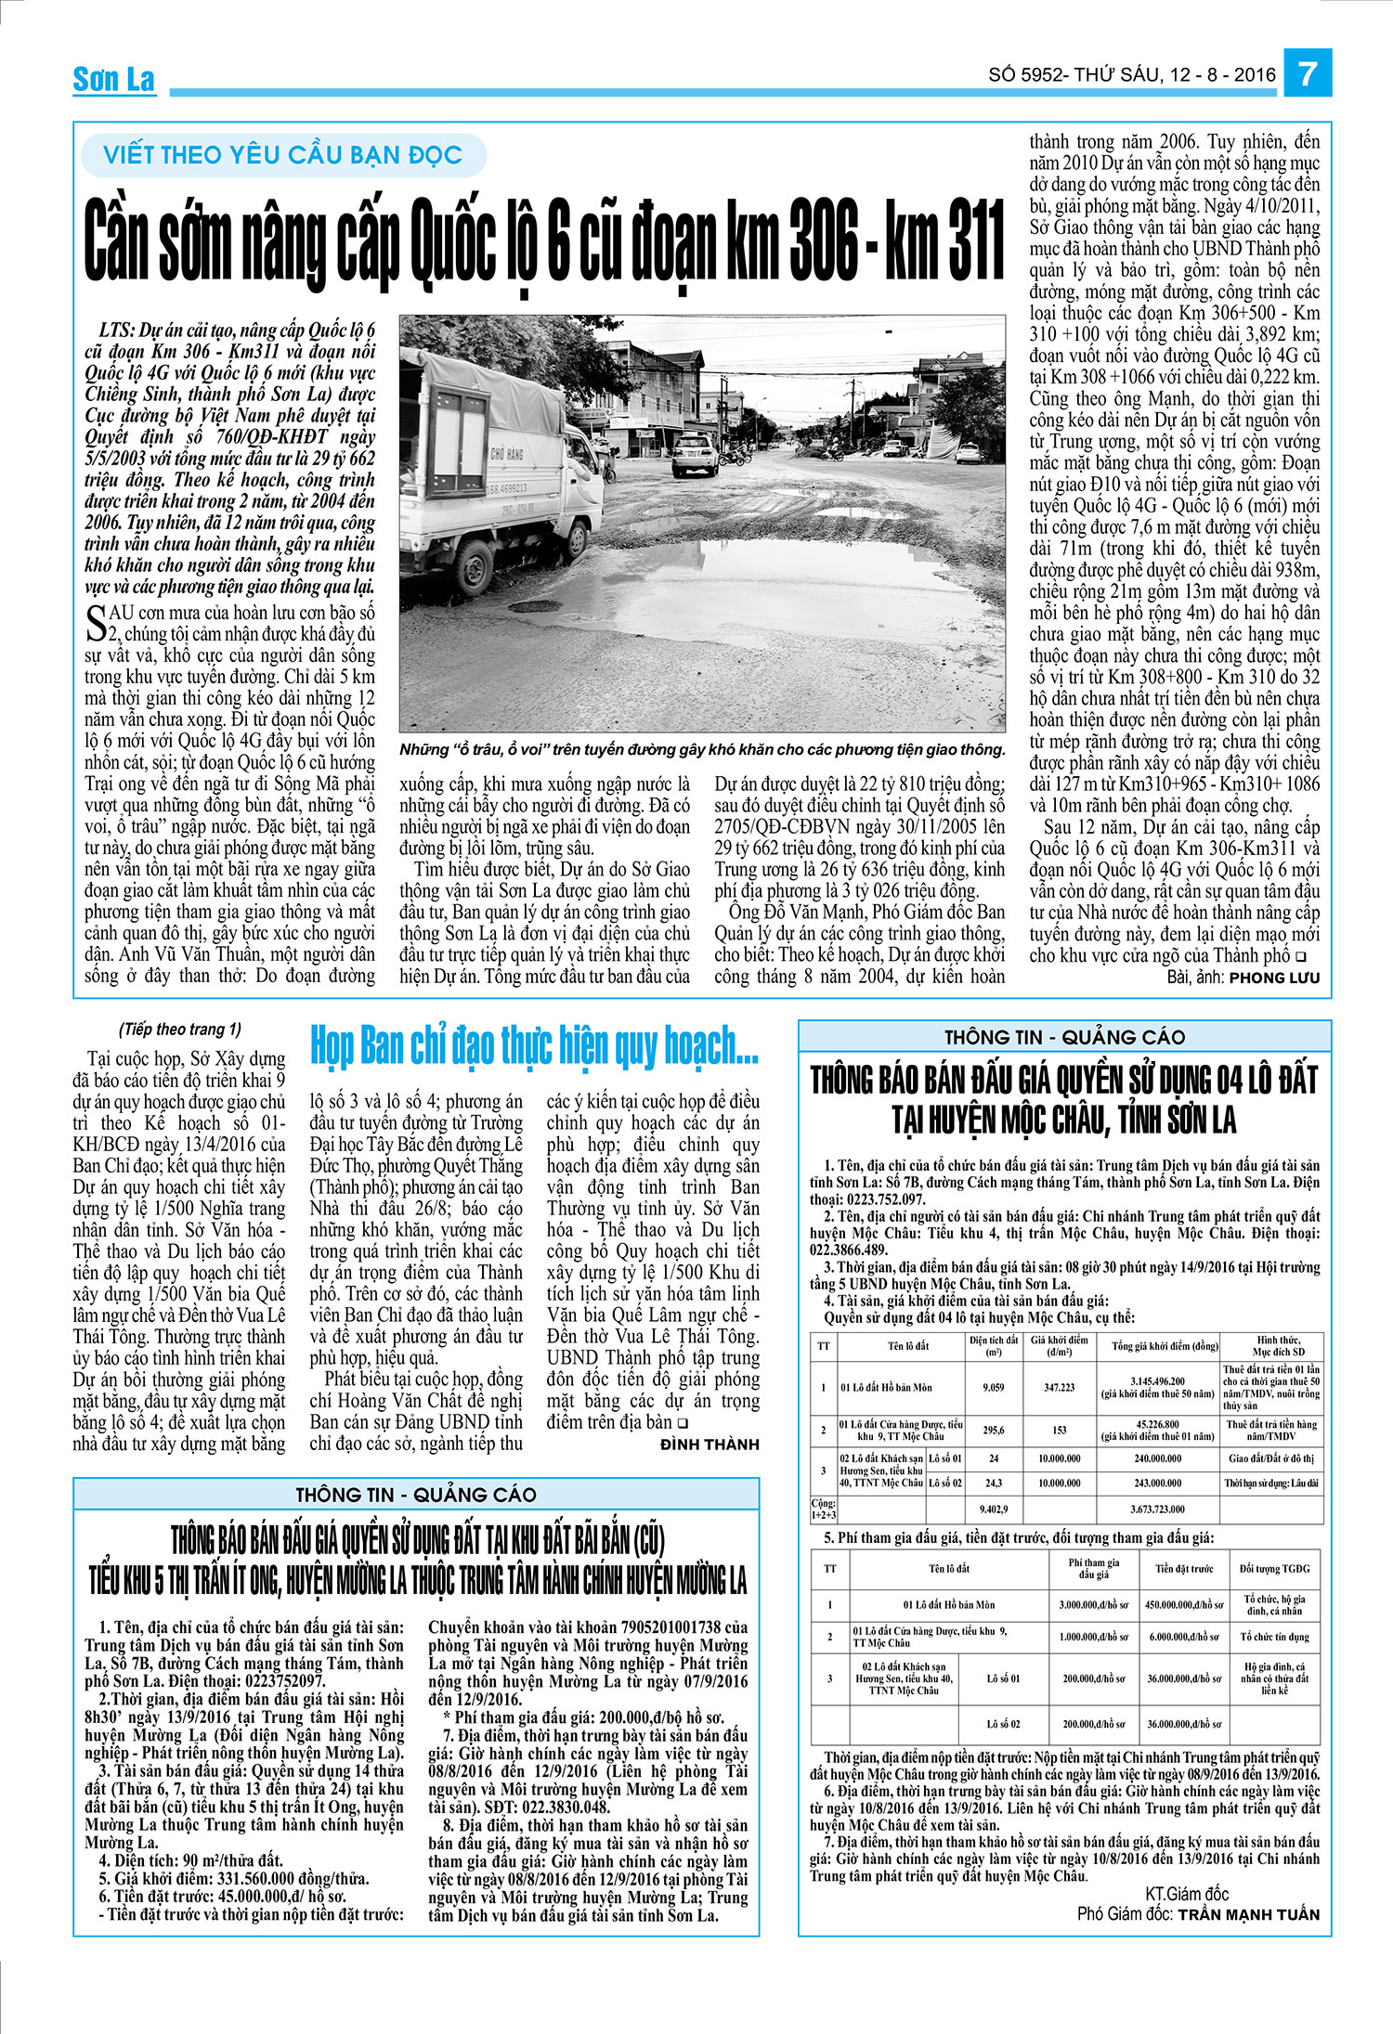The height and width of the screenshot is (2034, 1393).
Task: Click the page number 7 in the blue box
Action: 1308,73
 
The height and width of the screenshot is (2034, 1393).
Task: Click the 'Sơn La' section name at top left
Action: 114,80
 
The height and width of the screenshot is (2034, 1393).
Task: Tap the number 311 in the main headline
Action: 966,242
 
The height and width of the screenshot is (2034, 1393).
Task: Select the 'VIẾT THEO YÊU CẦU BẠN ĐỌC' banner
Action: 282,155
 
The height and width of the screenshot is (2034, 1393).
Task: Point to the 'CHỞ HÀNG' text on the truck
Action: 507,454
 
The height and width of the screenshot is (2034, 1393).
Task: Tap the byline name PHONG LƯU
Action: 1273,978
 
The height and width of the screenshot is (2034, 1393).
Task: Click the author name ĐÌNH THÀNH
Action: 710,1445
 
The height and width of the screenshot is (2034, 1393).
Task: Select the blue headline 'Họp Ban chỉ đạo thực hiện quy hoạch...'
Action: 534,1046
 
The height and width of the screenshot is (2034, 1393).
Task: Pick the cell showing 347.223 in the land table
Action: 1059,1387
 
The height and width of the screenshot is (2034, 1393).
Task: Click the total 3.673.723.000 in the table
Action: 1157,1509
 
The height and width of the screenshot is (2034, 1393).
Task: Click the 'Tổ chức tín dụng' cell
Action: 1274,1637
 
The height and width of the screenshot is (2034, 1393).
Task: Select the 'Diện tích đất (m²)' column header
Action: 993,1345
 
